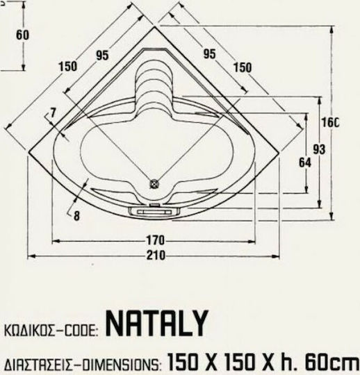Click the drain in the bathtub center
[154, 184]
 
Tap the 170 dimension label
[156, 240]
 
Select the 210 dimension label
[156, 255]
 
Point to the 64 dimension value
[305, 162]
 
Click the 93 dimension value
[319, 149]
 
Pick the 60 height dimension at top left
[22, 35]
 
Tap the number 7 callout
[53, 112]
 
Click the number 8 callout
[76, 216]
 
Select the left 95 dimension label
[102, 56]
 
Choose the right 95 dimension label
[210, 53]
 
